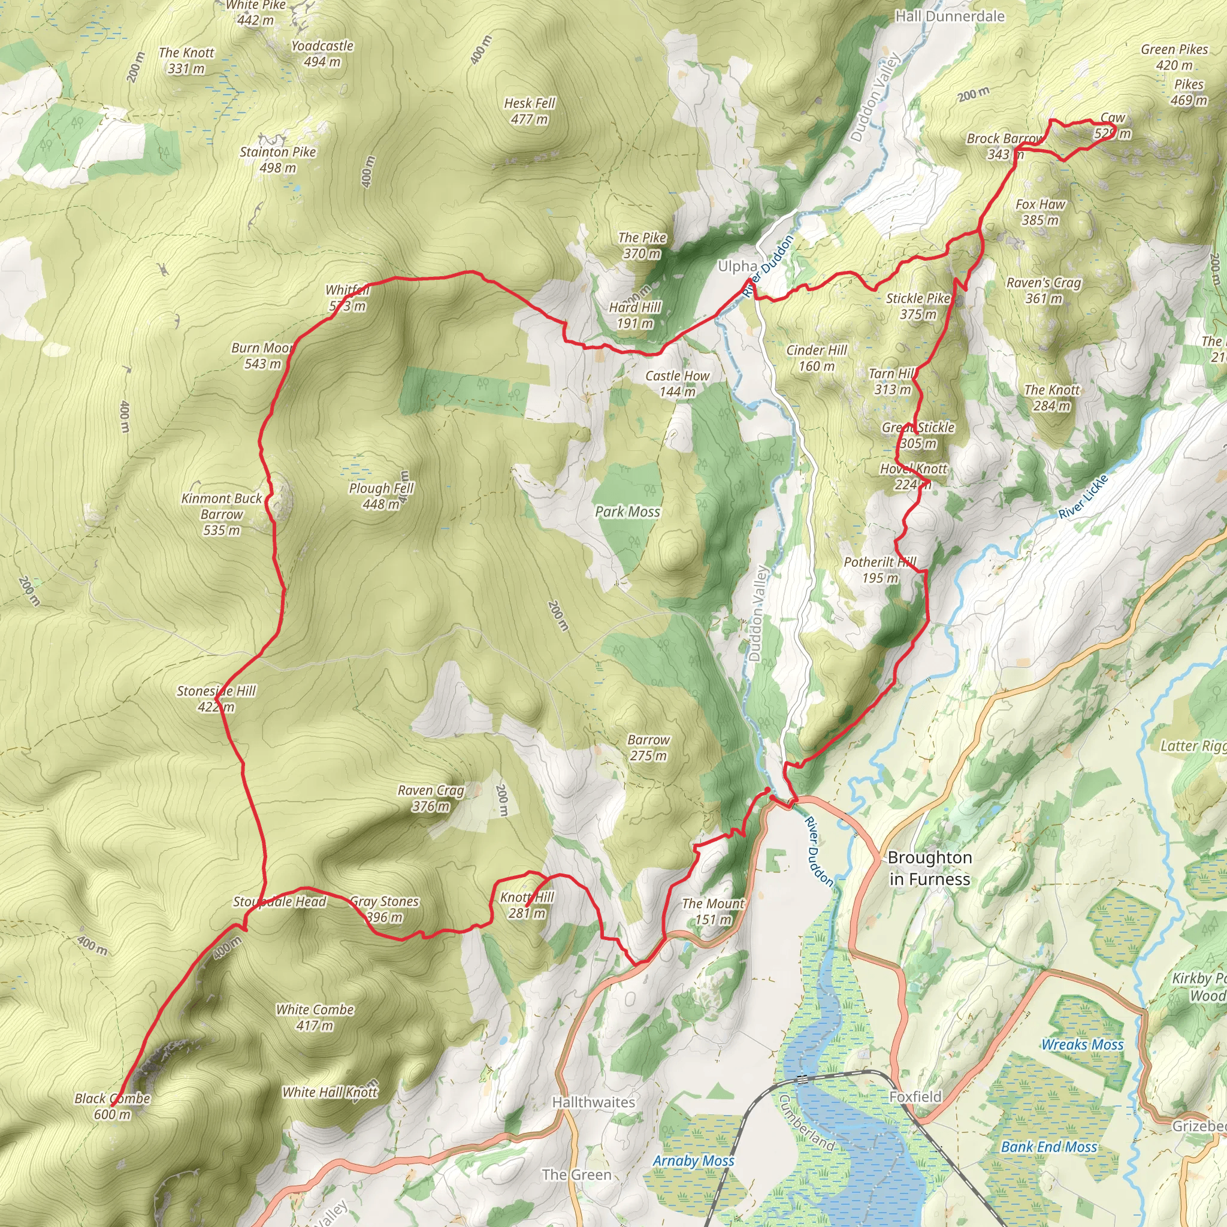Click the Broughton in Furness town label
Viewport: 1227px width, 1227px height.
[x=929, y=868]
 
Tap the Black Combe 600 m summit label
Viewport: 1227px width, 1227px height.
[x=113, y=1107]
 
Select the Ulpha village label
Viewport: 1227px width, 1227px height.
[x=737, y=266]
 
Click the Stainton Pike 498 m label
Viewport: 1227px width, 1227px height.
[x=277, y=159]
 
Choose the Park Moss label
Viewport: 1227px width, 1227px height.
[x=627, y=512]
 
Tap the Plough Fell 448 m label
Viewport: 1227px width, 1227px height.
[x=380, y=496]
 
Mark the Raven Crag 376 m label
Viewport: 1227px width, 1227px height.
[x=431, y=798]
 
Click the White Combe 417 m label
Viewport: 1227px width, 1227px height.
[x=315, y=1017]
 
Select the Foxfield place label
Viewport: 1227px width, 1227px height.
[x=915, y=1097]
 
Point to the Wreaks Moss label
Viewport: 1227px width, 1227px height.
[x=1082, y=1045]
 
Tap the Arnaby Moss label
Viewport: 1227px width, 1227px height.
[x=693, y=1161]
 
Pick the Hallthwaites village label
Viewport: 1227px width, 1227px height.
[x=593, y=1102]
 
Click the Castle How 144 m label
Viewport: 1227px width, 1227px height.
[x=677, y=383]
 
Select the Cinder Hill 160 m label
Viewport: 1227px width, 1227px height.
[x=816, y=358]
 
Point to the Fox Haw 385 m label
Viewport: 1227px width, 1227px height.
[x=1040, y=212]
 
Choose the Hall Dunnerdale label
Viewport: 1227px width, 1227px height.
[x=950, y=17]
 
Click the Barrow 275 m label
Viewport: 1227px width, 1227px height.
[x=648, y=748]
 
